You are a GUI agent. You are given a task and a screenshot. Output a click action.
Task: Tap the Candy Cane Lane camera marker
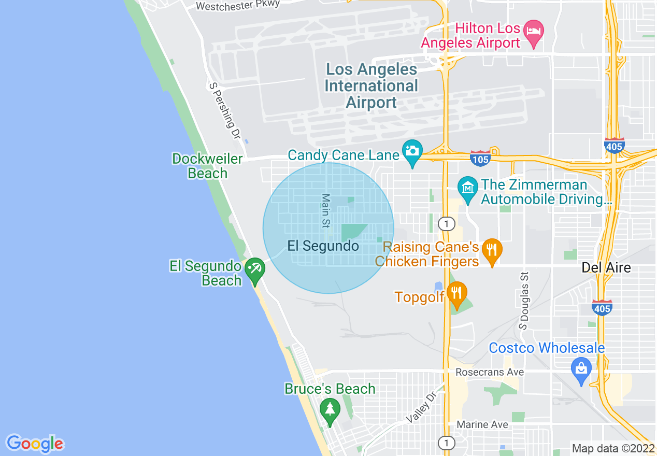[412, 151]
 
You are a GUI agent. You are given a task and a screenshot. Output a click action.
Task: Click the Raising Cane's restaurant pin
[491, 250]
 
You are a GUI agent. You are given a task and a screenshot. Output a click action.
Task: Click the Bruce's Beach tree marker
[330, 409]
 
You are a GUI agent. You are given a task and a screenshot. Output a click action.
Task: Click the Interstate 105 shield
[480, 159]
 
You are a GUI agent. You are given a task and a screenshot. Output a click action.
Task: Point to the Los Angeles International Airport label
[372, 86]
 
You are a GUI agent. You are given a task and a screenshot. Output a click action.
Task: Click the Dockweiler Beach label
[207, 166]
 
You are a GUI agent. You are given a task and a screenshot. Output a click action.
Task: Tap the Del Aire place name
[606, 267]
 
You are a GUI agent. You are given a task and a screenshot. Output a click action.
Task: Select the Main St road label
[325, 211]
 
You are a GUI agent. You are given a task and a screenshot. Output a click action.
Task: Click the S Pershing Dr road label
[225, 110]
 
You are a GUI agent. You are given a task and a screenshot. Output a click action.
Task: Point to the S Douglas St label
[524, 301]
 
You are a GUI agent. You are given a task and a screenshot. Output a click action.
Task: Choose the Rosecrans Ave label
[490, 372]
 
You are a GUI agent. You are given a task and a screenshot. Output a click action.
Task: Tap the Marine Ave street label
[482, 424]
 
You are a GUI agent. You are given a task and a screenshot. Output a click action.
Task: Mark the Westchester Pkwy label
[238, 5]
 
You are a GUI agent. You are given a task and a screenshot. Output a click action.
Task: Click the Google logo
[35, 444]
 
